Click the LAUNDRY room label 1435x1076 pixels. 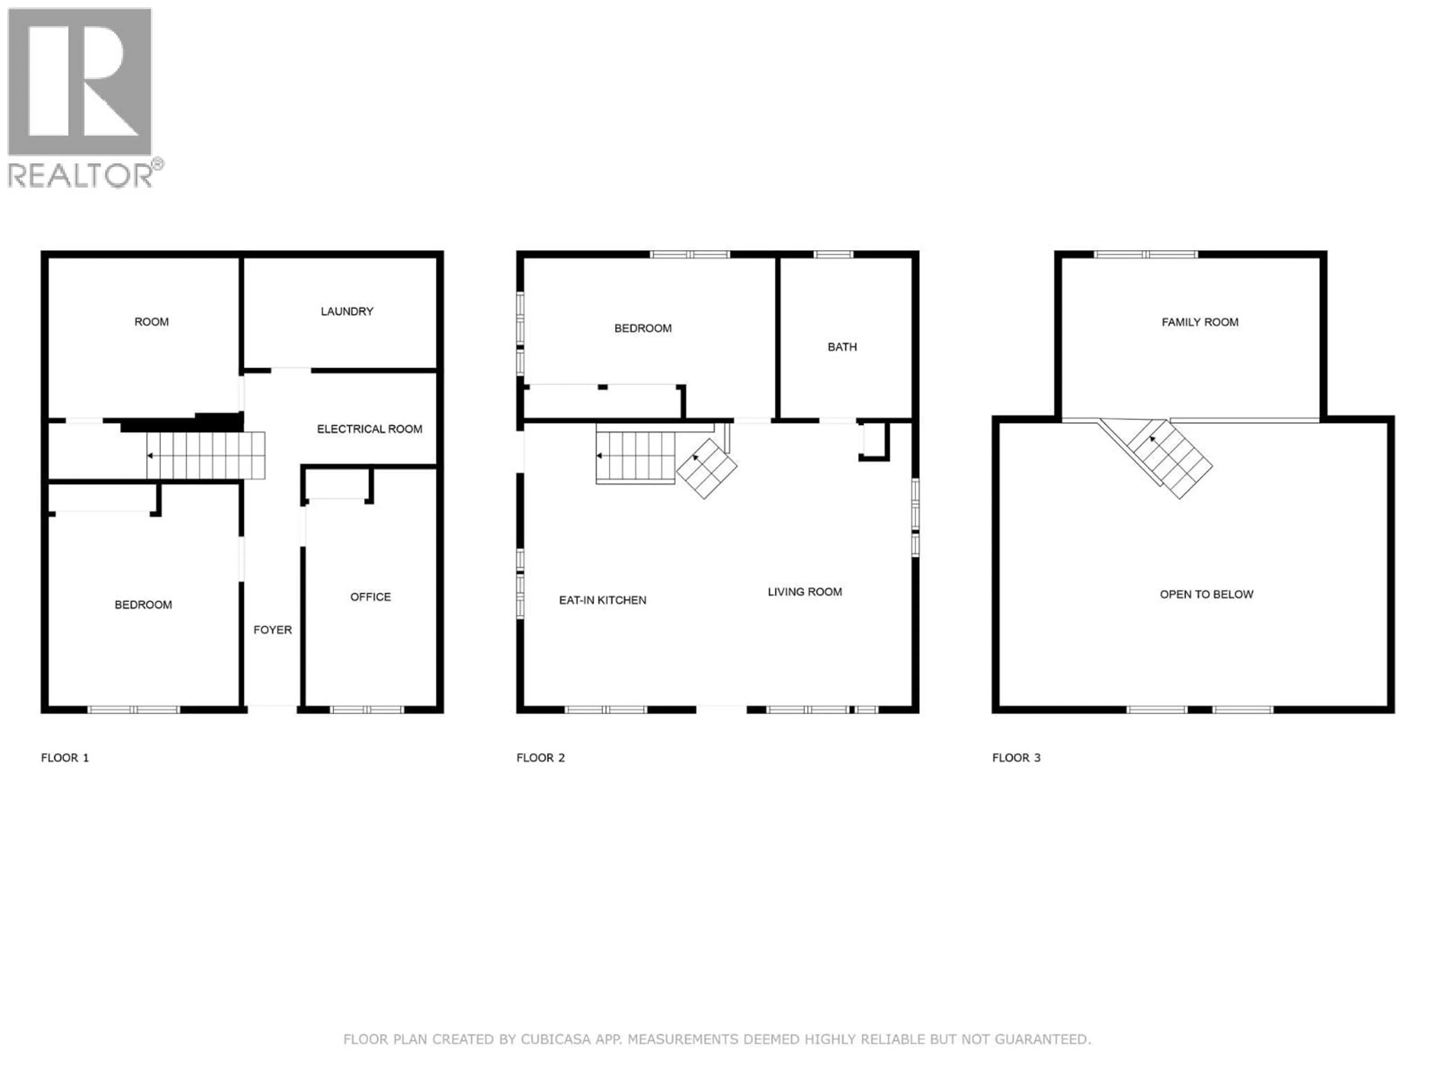tap(347, 311)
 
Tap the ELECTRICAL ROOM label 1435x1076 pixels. tap(369, 429)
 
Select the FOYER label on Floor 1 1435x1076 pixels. tap(272, 630)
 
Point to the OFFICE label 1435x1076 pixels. tap(370, 597)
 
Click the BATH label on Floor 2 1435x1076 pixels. tap(842, 347)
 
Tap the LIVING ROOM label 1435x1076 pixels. tap(805, 591)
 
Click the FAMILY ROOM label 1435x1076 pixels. tap(1200, 322)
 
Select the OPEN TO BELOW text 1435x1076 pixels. tap(1206, 594)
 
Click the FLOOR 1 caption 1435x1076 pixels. tap(65, 758)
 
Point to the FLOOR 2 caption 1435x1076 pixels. tap(540, 758)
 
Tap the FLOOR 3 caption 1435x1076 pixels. tap(1016, 758)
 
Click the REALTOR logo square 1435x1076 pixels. tap(80, 82)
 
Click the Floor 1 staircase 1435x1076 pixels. tap(206, 455)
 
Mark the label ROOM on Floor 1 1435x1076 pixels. tap(151, 322)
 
